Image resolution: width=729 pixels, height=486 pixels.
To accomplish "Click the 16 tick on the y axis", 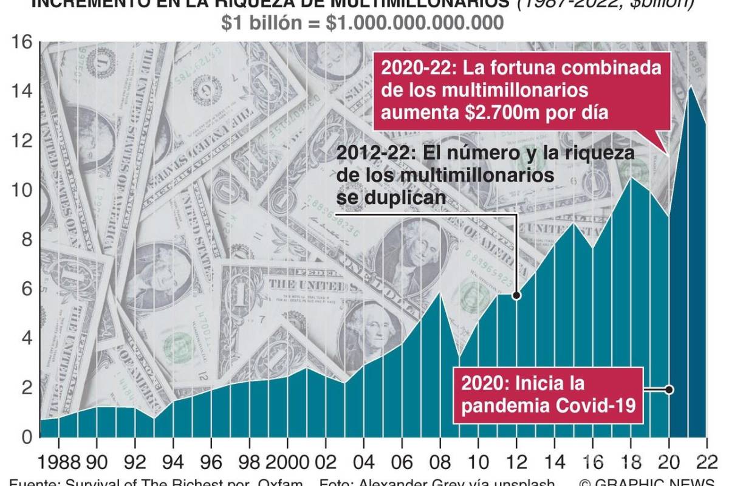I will (21, 43).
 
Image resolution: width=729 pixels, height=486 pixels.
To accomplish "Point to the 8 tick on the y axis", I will (22, 240).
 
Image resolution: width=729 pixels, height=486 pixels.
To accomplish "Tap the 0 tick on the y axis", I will (22, 437).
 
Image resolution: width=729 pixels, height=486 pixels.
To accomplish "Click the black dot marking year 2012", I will (516, 296).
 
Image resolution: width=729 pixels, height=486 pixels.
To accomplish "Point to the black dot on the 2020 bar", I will (669, 389).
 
